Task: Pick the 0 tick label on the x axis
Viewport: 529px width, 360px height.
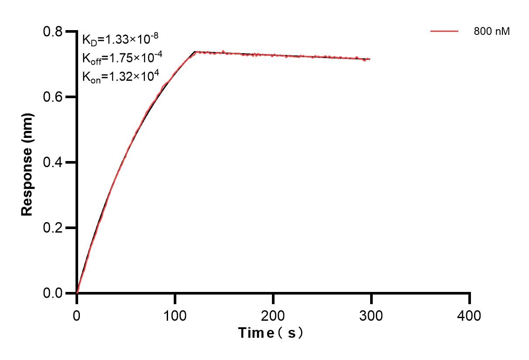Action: click(77, 315)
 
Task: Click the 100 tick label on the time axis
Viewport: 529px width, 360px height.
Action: click(175, 315)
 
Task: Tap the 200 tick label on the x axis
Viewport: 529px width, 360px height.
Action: click(273, 315)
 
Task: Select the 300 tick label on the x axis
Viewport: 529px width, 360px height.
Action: click(371, 315)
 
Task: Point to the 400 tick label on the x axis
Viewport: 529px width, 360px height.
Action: click(470, 315)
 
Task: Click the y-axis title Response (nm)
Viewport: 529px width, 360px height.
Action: click(27, 163)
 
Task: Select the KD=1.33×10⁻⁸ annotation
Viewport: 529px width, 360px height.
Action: click(120, 39)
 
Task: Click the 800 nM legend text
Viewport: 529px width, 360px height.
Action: click(492, 31)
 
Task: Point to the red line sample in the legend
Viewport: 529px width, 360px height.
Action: click(444, 31)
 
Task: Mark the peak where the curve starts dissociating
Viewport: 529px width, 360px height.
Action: click(195, 51)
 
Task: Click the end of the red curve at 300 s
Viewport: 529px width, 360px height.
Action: click(371, 59)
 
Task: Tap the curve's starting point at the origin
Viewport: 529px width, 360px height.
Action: click(77, 293)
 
